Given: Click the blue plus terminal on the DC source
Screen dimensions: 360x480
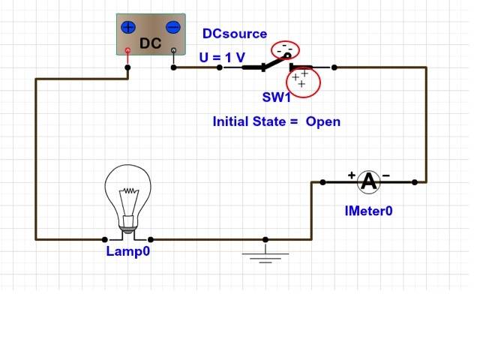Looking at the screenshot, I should pos(128,27).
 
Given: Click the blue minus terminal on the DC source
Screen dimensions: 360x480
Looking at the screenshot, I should pos(173,27).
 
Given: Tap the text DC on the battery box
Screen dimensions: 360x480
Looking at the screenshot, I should pos(151,43).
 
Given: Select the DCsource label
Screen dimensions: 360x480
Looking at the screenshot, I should pos(235,34).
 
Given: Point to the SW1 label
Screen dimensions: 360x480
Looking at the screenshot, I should pos(276,97).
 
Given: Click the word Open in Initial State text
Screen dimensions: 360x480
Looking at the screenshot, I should pos(322,121).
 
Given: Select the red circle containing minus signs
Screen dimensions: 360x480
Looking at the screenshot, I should pos(285,49).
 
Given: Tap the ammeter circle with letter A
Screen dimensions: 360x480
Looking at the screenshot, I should pos(368,181).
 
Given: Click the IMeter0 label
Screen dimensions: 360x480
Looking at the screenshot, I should pos(368,211).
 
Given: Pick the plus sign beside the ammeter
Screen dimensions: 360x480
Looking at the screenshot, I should pos(351,175).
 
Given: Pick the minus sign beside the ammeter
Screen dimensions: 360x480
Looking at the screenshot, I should pos(385,175).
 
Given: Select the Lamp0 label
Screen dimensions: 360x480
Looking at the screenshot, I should pos(127,252).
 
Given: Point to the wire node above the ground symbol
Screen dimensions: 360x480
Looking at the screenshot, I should pos(265,240).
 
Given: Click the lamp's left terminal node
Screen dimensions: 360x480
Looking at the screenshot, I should pos(104,240).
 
